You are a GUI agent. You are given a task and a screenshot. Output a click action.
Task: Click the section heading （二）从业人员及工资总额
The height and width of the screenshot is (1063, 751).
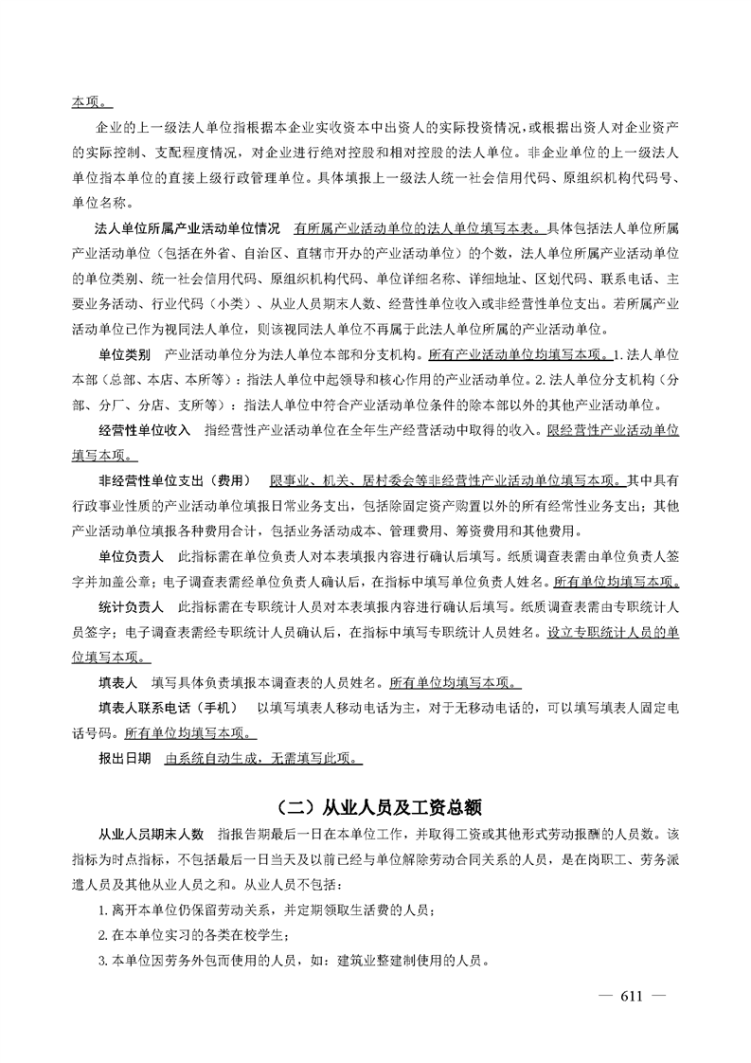pyautogui.click(x=376, y=807)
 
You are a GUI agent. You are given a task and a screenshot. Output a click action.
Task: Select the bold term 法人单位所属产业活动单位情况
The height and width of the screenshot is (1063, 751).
pyautogui.click(x=188, y=228)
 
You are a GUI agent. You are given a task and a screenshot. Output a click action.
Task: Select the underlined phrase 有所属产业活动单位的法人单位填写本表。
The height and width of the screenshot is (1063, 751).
pyautogui.click(x=418, y=228)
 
